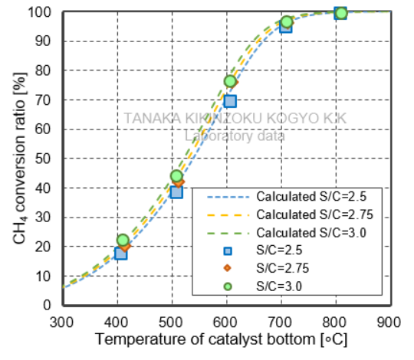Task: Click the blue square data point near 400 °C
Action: coord(120,253)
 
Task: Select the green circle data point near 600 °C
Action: coord(230,81)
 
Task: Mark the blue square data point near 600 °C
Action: coord(230,101)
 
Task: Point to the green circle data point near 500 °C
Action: coord(176,176)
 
